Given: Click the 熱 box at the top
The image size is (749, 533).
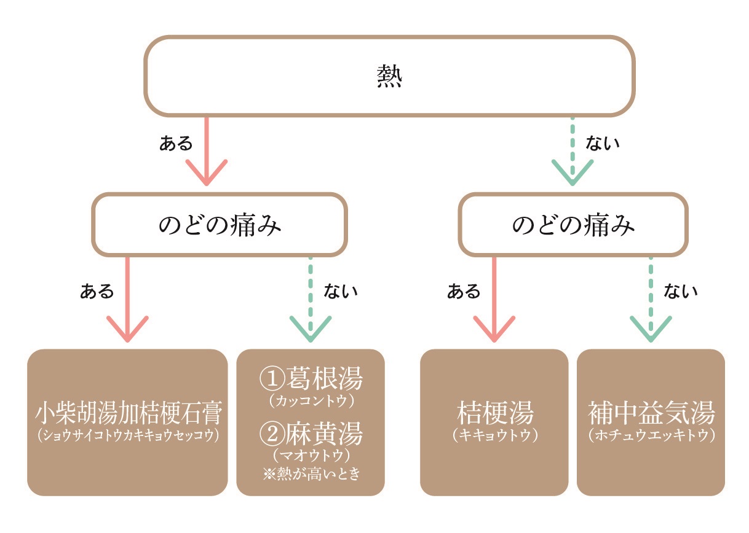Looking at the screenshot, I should tap(389, 76).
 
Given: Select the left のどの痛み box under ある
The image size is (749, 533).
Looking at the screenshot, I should tap(220, 225).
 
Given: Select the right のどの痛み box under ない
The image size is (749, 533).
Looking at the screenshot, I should tap(573, 225).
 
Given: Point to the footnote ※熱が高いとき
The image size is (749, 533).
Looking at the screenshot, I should tap(311, 474).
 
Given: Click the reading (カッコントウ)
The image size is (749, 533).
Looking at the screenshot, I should tap(311, 401).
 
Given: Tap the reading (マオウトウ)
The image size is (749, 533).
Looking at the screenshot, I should tap(311, 455).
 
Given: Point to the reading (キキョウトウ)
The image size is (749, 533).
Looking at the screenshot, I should tap(494, 435).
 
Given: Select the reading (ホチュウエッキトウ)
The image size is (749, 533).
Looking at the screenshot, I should tap(651, 435).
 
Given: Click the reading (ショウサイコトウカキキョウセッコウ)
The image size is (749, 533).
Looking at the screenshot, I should tap(127, 435).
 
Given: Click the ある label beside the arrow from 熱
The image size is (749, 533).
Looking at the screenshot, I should tap(176, 144).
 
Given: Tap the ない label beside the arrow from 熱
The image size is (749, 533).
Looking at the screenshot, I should tap(603, 144).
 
